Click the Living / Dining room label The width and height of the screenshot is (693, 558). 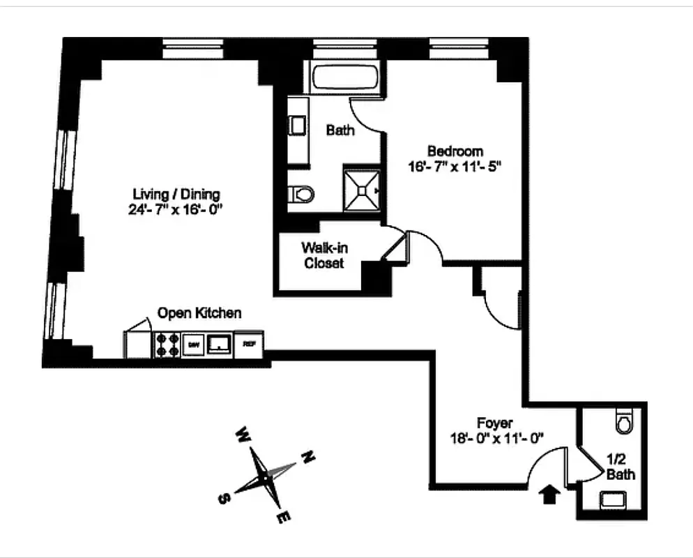[176, 194]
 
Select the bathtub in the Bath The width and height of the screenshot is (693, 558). [346, 77]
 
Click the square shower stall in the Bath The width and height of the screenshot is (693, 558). [361, 189]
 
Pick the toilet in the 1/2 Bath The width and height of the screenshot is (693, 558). [624, 422]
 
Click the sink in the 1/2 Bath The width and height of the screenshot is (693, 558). [614, 499]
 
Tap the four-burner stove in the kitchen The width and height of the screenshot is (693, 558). [167, 344]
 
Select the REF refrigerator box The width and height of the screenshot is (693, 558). [249, 343]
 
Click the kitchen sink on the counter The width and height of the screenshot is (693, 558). [220, 343]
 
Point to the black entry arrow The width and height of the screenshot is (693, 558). [550, 495]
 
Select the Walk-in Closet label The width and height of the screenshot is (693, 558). [322, 255]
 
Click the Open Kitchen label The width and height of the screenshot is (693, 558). [199, 313]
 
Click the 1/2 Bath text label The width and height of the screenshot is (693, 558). [620, 467]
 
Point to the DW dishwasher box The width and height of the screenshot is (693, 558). [192, 343]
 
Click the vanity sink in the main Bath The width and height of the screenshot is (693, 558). [298, 126]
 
